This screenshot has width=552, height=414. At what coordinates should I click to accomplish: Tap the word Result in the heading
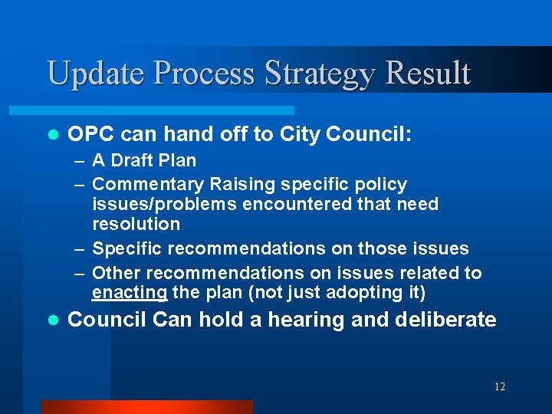tap(428, 74)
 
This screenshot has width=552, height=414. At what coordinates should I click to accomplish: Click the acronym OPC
tap(90, 135)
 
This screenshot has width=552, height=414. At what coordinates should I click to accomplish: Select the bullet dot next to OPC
tap(52, 136)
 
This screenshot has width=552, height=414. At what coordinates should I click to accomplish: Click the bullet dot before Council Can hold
tap(52, 320)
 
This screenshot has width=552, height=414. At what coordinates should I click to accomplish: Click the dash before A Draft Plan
tap(80, 161)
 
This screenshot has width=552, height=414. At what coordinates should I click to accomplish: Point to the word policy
tap(381, 184)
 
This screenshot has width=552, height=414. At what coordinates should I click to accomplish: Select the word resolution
tap(136, 224)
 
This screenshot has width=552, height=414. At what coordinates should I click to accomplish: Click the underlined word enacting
tap(130, 292)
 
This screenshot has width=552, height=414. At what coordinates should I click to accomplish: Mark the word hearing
tap(307, 320)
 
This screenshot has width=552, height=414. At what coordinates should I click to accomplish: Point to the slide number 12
tap(499, 387)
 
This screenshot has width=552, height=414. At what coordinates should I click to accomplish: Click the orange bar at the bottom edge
tap(146, 407)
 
